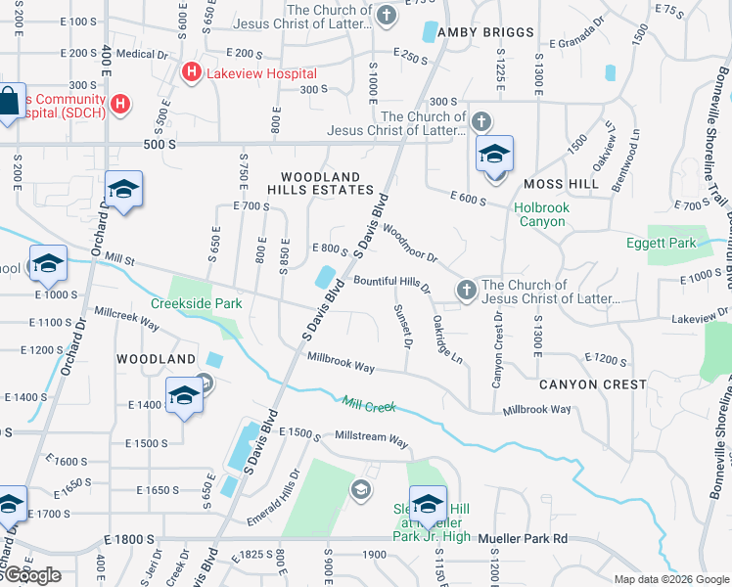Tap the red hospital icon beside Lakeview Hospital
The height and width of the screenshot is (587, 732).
[191, 72]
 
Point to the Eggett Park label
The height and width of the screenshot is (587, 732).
[663, 243]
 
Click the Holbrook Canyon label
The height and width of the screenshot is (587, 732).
[541, 214]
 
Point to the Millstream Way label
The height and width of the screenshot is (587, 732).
[372, 441]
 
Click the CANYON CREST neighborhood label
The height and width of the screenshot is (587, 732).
[592, 384]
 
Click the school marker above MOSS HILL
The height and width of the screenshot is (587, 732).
[495, 156]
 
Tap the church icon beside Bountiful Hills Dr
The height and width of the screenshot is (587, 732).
[467, 290]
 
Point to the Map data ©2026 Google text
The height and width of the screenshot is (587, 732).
[669, 579]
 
